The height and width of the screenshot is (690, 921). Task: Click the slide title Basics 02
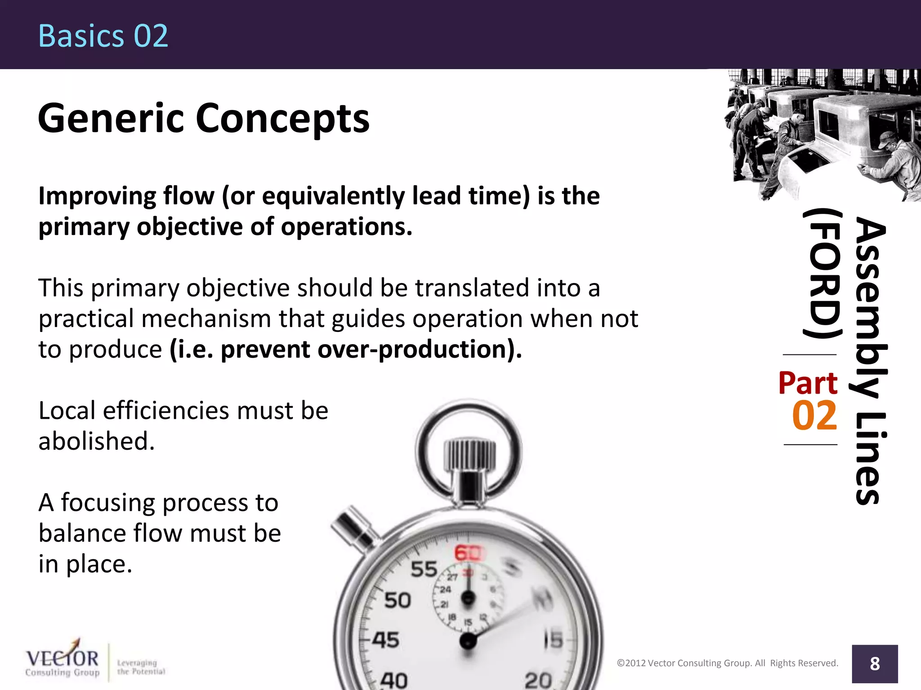click(103, 36)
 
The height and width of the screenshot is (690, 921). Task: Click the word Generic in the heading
click(111, 119)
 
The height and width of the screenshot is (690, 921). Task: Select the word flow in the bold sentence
click(189, 196)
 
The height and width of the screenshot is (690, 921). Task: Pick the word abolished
click(96, 441)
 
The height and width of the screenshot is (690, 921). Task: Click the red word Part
click(808, 383)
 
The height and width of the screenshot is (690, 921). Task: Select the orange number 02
click(814, 416)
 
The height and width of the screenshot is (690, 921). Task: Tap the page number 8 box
click(875, 663)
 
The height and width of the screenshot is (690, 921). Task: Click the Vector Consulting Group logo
click(63, 663)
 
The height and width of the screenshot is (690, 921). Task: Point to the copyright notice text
click(727, 663)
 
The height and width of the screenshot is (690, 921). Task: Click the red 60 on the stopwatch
click(468, 553)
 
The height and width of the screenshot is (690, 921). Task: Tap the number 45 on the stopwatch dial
click(385, 640)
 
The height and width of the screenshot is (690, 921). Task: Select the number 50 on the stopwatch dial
click(398, 601)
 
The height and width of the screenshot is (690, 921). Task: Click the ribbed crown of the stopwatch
click(469, 455)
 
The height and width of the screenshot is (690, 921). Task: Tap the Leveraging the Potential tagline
click(141, 667)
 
